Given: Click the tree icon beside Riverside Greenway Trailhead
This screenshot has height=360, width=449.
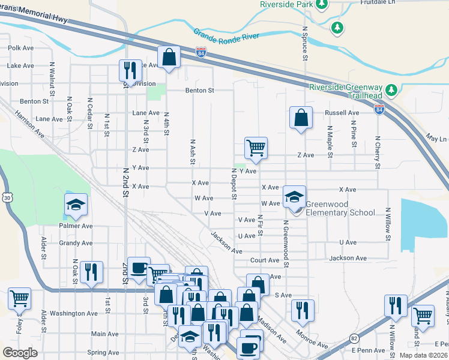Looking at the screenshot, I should [x=392, y=90].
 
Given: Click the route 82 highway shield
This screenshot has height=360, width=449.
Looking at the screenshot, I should [x=355, y=340].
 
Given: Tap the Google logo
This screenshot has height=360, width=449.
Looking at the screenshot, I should [x=20, y=353].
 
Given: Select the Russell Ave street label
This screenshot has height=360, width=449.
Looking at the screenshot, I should [x=342, y=113].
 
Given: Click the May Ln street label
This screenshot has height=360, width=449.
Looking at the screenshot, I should [x=436, y=139].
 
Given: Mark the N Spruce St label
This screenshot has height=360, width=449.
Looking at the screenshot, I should [x=306, y=43].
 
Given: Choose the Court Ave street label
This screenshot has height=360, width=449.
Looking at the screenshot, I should [x=265, y=260].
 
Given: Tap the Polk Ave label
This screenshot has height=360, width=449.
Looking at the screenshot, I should [x=21, y=48].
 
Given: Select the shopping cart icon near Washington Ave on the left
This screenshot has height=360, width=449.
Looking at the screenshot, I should [x=19, y=297].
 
